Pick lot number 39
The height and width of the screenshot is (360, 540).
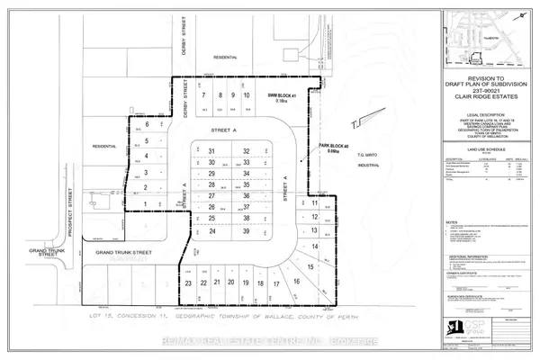point(246,231)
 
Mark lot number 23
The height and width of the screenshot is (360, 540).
point(189,283)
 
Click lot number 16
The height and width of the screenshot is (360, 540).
point(296,282)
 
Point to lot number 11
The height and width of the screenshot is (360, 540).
point(315,203)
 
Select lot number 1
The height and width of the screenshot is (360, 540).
point(144,204)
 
